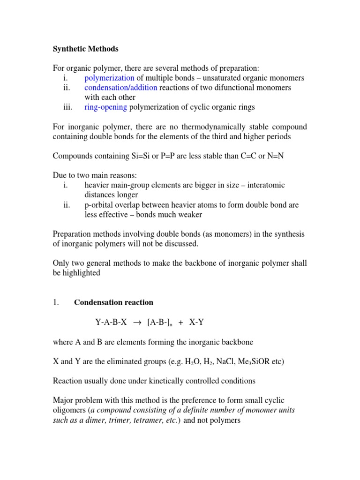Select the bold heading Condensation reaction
click(113, 302)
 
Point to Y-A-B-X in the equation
click(111, 322)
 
